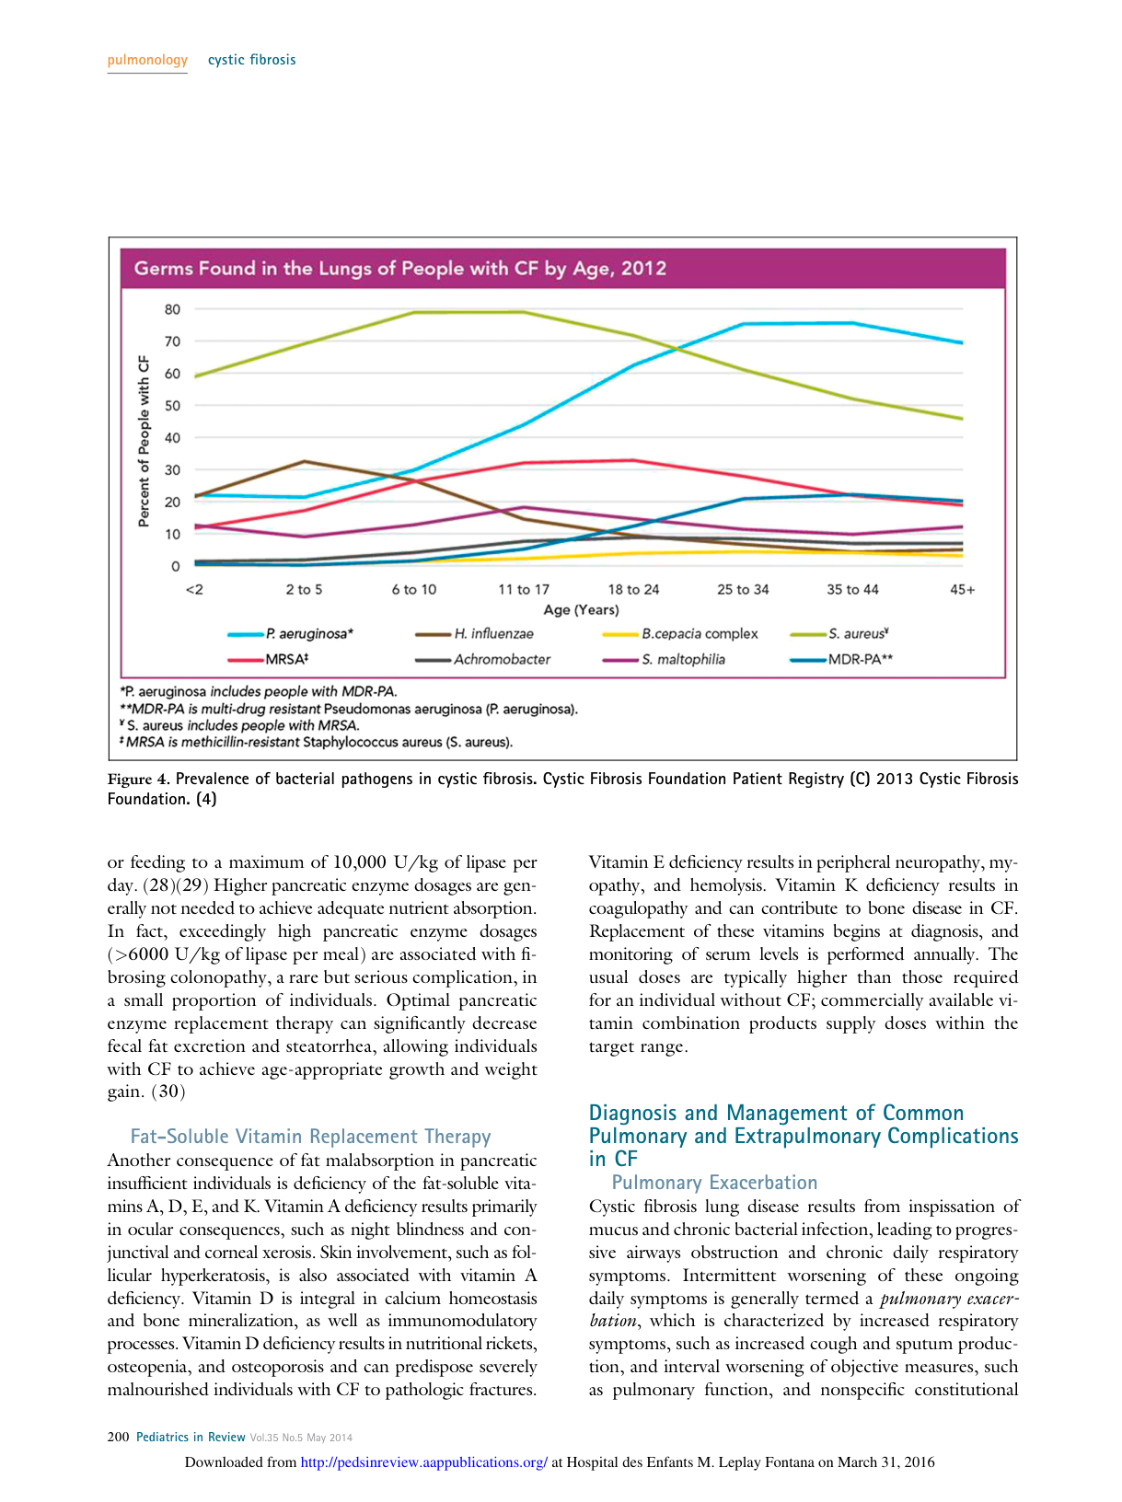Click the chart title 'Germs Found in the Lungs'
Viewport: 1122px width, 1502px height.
(399, 269)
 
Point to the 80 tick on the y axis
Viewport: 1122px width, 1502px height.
(173, 309)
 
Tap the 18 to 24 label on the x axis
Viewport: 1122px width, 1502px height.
(633, 589)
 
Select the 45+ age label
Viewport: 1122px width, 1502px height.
(962, 589)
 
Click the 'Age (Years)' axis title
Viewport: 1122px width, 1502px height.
(581, 609)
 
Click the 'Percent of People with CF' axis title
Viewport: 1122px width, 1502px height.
(144, 441)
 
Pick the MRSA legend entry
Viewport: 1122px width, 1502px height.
(286, 659)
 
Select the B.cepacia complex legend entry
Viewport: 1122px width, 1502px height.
(700, 634)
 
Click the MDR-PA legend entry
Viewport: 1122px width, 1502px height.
(860, 659)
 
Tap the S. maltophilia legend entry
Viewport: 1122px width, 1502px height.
(683, 659)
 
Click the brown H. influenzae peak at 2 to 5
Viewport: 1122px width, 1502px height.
(305, 461)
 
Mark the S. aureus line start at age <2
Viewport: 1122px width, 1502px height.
(196, 375)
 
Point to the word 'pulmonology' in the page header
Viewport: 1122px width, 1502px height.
(147, 60)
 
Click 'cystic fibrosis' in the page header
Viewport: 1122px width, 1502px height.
(251, 60)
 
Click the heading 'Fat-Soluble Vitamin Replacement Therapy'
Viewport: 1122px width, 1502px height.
(310, 1137)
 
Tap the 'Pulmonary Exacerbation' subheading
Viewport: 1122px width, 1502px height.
(714, 1183)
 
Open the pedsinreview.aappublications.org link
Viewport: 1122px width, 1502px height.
(423, 1462)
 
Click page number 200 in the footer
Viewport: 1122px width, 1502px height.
(118, 1437)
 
